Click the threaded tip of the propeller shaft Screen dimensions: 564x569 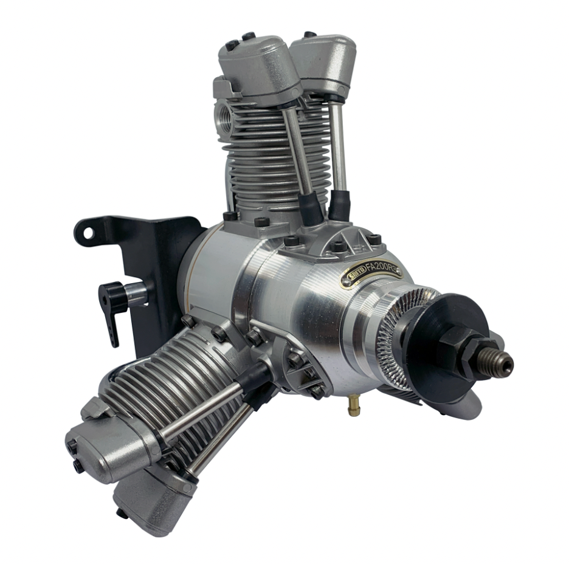(x=502, y=365)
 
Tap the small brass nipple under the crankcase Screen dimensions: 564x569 (x=353, y=408)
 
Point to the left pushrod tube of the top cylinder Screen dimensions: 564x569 (x=298, y=152)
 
